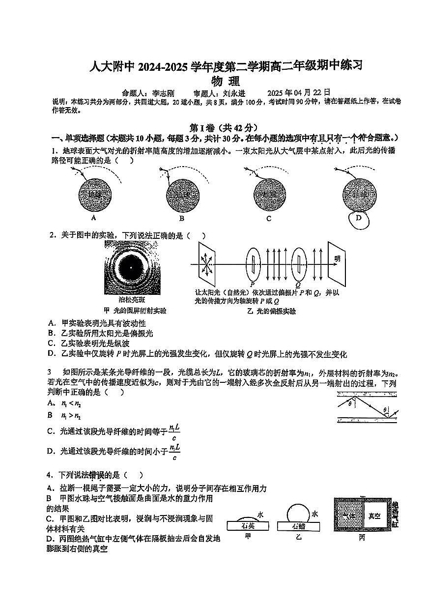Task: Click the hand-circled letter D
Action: coord(358,219)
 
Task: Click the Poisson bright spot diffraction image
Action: coord(131,267)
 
